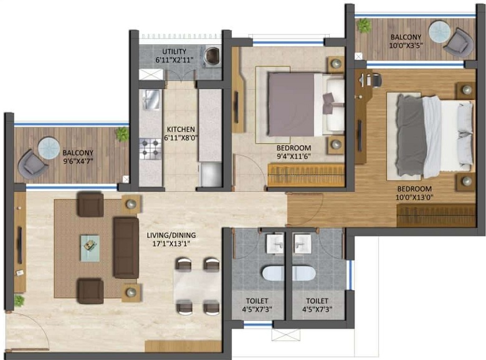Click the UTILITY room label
(x=174, y=51)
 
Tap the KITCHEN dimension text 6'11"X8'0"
(x=181, y=138)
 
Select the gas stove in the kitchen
(x=150, y=149)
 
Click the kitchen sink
(x=151, y=100)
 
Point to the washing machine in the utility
(x=212, y=56)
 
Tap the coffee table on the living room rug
(x=90, y=248)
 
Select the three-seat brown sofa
(x=126, y=247)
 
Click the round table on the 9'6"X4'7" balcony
(x=49, y=148)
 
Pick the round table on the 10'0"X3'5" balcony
(x=439, y=31)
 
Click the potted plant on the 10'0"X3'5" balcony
(x=364, y=26)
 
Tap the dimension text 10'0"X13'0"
(x=414, y=197)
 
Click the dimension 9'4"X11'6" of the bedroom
(x=293, y=156)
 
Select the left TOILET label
(x=257, y=301)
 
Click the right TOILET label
(x=317, y=301)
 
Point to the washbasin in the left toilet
(x=275, y=244)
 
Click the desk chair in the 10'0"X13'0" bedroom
(x=376, y=80)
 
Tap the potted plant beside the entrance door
(x=19, y=300)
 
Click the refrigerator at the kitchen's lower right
(x=211, y=175)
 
